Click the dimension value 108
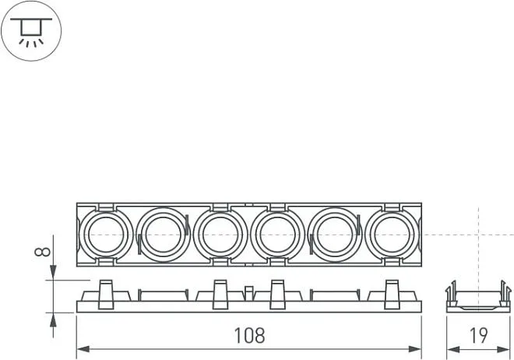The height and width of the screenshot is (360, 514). [x=249, y=336]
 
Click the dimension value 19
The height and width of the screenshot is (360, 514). [x=479, y=335]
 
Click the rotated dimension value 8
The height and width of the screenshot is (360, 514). [x=43, y=252]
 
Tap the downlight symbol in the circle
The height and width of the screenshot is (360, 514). [x=31, y=31]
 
